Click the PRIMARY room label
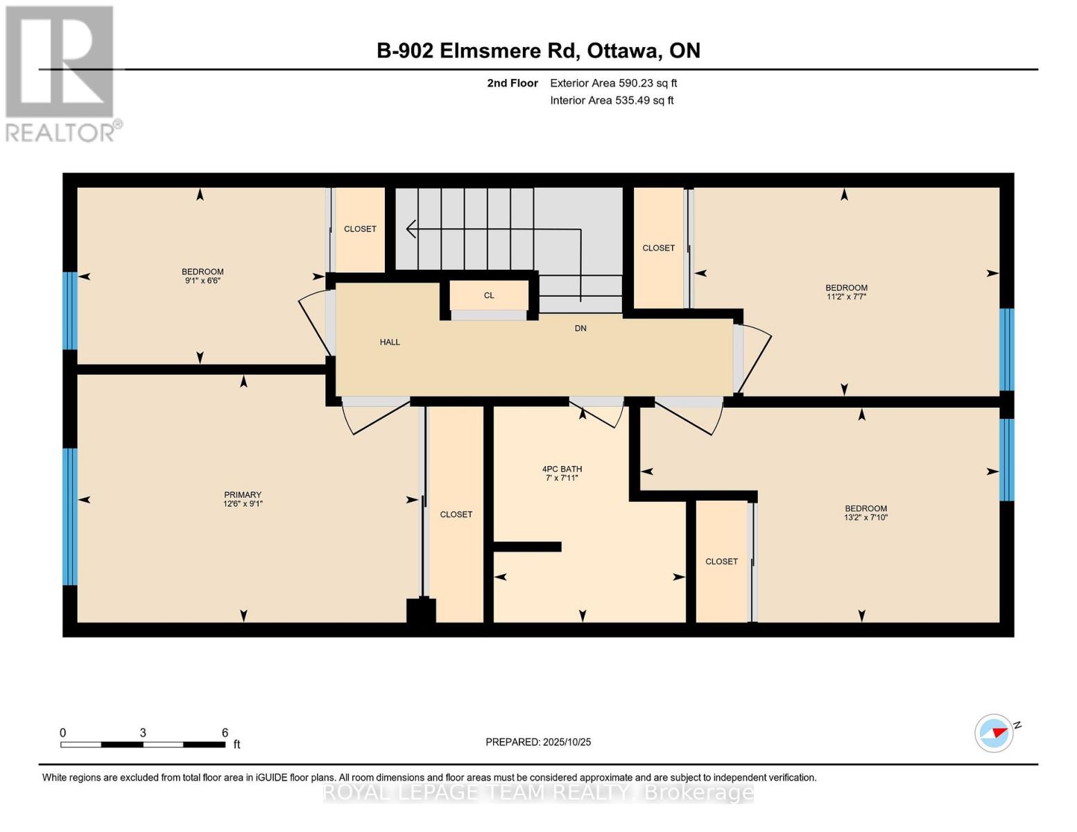242,495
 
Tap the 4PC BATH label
562,469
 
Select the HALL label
390,342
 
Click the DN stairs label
580,328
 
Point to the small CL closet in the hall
489,295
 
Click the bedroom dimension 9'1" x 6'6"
203,281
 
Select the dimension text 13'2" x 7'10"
865,517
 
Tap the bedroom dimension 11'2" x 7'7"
846,297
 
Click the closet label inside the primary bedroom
456,514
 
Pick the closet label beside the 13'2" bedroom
721,562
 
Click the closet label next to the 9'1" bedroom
360,229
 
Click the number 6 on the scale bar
225,733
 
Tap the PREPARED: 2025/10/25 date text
538,742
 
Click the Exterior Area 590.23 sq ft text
613,83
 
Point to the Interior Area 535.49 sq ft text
612,101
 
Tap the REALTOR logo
61,73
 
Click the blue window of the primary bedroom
69,517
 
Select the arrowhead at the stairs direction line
411,229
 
